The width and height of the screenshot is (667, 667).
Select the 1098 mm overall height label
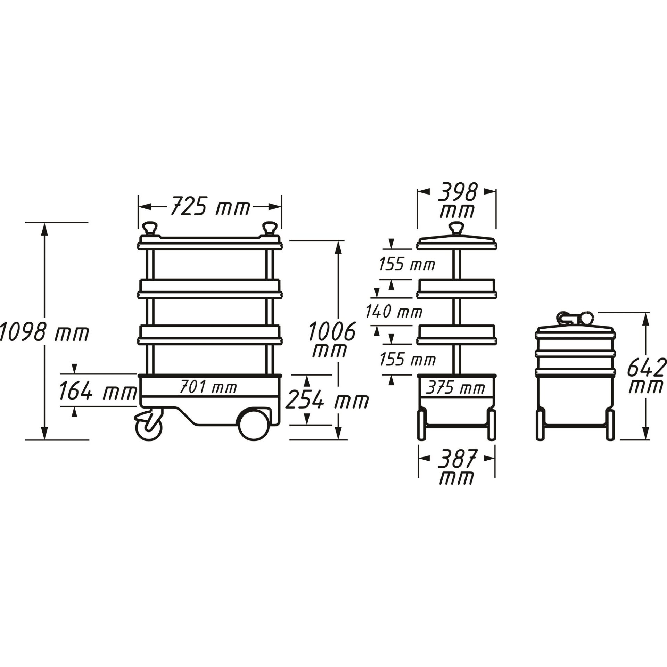[44, 332]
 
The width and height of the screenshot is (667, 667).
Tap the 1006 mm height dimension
[331, 339]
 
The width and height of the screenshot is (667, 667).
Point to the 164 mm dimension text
[97, 392]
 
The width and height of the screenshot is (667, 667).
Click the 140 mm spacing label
[394, 312]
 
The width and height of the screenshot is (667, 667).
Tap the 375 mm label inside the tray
[455, 388]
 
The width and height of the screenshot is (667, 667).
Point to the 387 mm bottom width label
[456, 468]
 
